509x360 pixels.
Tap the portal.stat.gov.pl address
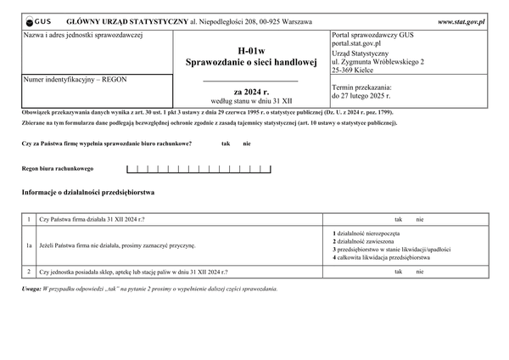[x=356, y=42]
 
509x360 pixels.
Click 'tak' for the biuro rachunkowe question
[x=226, y=143]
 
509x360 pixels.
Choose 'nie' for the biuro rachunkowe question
[x=247, y=143]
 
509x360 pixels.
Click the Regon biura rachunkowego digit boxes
[x=199, y=170]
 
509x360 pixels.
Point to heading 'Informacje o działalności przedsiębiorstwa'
[x=93, y=193]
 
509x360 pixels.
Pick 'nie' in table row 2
[x=419, y=272]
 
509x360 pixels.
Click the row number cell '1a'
[x=29, y=245]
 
